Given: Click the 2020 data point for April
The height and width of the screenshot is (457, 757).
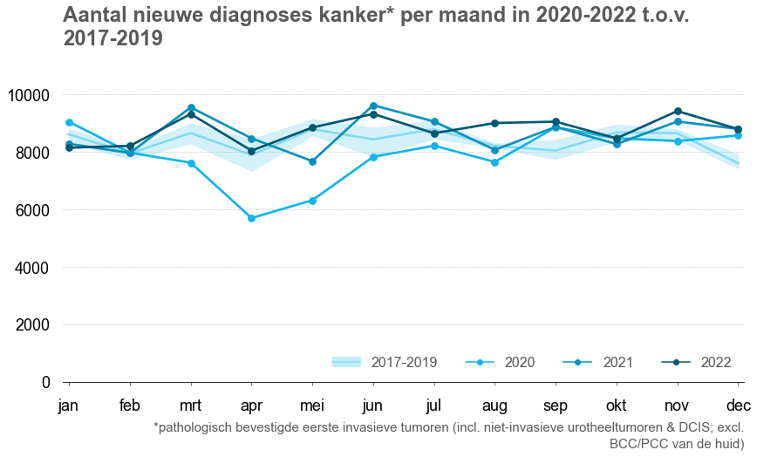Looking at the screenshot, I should pos(251,218).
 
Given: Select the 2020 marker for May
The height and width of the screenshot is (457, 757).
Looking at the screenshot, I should pos(312,201).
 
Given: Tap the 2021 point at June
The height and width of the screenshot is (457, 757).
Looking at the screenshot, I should pos(373,106).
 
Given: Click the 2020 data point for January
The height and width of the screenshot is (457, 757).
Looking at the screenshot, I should pos(69,122).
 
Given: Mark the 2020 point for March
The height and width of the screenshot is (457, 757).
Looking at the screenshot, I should pos(191,163).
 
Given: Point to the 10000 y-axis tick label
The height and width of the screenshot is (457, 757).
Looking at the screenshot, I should pos(31,95).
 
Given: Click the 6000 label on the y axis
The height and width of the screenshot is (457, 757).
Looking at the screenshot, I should pos(35,210).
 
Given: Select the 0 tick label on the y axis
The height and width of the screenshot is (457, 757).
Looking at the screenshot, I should pos(46,383).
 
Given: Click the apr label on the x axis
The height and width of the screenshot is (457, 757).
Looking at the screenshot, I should pos(251,406).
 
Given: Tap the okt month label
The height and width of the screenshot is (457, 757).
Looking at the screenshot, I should pos(617,406).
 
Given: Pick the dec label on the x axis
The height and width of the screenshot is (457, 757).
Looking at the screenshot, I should pos(738,406).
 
